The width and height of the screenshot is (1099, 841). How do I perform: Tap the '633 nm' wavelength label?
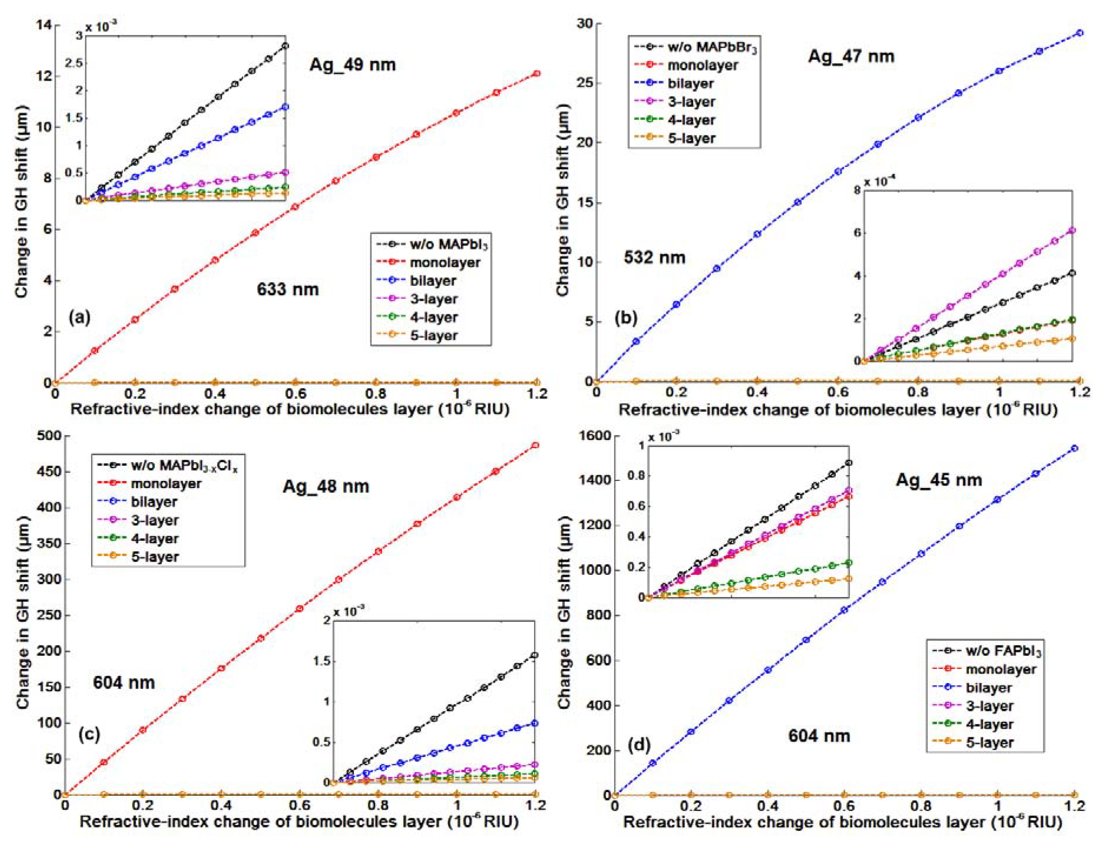coord(288,289)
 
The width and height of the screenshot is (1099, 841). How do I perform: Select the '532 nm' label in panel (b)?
coord(654,257)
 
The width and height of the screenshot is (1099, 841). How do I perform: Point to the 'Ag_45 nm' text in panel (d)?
coord(939,480)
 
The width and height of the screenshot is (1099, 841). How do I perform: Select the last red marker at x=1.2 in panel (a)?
coord(537,74)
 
